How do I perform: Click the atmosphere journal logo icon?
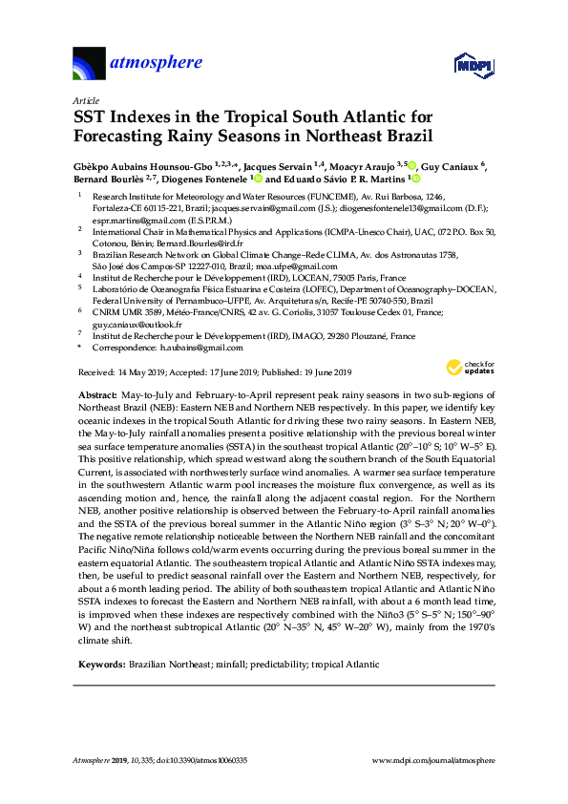(x=89, y=64)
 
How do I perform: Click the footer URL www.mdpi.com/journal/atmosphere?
(x=432, y=761)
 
